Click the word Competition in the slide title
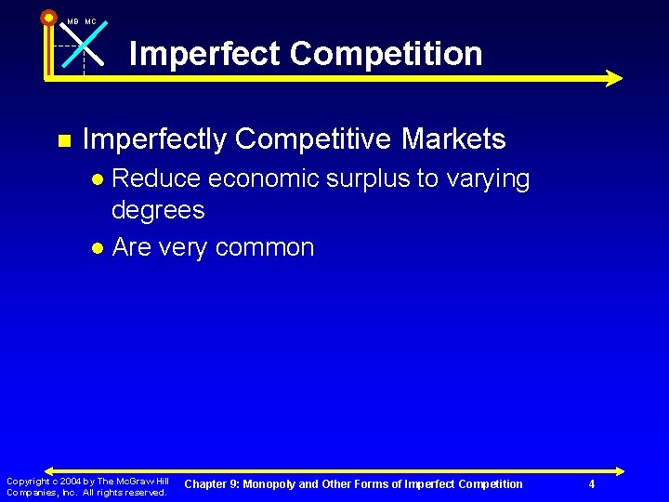click(386, 54)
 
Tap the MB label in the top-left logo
click(72, 21)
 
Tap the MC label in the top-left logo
click(90, 21)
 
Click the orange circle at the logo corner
click(48, 17)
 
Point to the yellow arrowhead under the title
click(613, 78)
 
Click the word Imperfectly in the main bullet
click(153, 139)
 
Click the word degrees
click(157, 211)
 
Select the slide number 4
click(592, 484)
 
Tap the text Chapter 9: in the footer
click(212, 484)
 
